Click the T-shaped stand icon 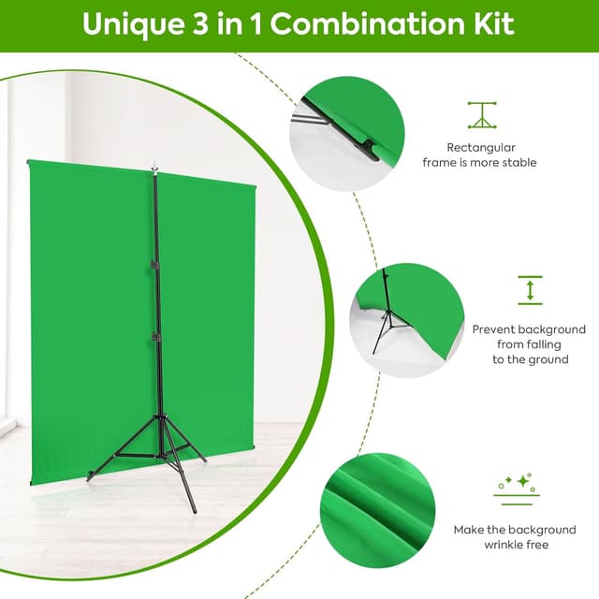click(482, 114)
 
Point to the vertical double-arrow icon click(530, 289)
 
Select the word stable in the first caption click(518, 163)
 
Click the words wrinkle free click(517, 545)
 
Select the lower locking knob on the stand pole click(154, 334)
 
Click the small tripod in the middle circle click(390, 318)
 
